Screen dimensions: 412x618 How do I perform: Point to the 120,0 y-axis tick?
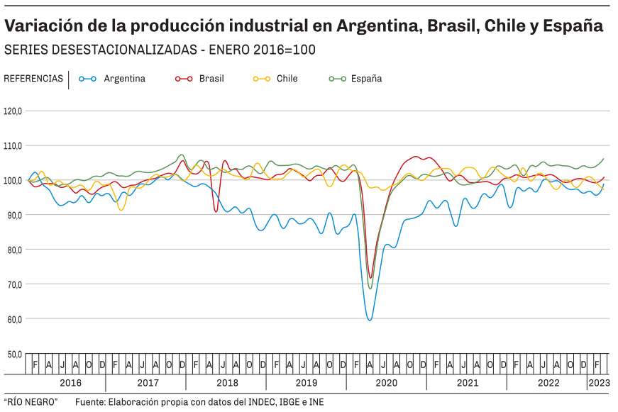coord(13,111)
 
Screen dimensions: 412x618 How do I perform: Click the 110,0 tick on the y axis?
coord(13,146)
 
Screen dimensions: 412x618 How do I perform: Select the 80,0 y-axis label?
coord(13,250)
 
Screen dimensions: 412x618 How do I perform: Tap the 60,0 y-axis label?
coord(13,319)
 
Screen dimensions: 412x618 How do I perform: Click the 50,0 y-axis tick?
coord(13,354)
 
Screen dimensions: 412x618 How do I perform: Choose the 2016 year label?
coord(70,383)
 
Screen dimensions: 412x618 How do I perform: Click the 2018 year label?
coord(226,383)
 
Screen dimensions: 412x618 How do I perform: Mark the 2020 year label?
coord(387,383)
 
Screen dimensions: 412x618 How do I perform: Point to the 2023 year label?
coord(598,383)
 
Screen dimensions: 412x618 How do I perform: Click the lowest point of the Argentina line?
coord(370,320)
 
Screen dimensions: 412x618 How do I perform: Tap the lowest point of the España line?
coord(370,288)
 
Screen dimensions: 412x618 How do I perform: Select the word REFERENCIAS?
coord(33,79)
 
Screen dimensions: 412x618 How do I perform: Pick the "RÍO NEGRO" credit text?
coord(31,402)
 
